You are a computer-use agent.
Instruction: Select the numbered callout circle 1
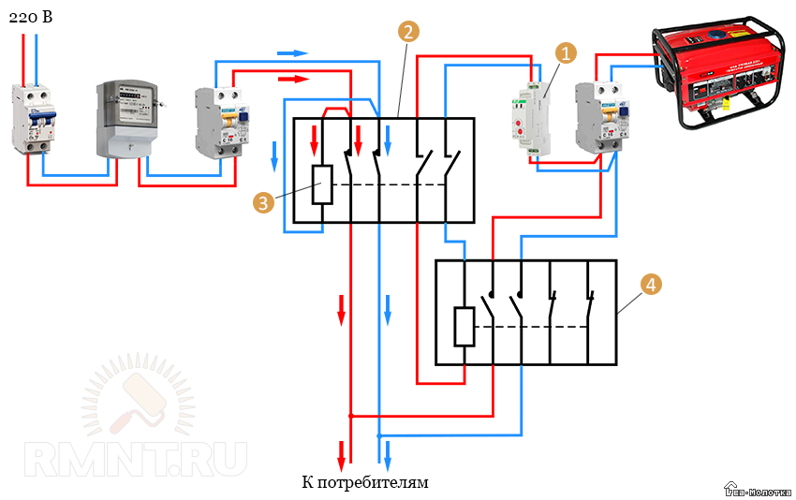564,52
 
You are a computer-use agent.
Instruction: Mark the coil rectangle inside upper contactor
321,184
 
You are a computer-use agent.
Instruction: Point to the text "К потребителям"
364,483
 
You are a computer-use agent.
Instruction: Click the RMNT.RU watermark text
136,459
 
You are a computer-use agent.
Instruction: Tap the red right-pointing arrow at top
294,80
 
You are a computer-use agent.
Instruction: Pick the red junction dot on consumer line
350,415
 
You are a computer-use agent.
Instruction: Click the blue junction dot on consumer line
378,435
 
